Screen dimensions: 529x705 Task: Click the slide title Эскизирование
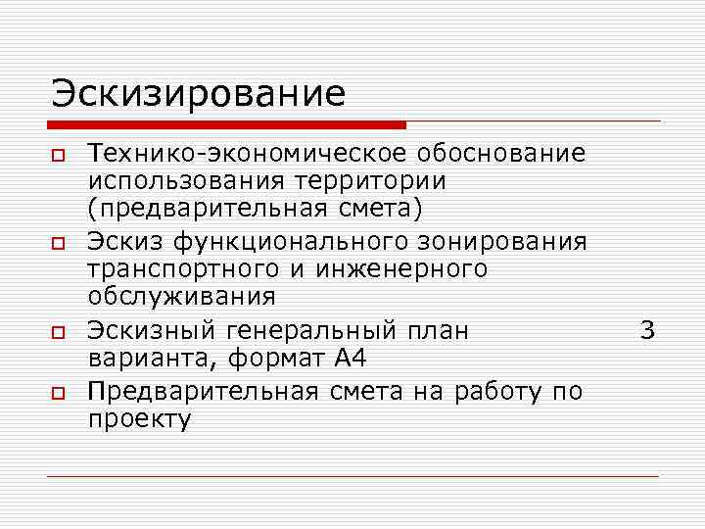click(x=199, y=93)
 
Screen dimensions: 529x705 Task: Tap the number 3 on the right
click(x=647, y=331)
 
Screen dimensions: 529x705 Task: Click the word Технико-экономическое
click(x=248, y=154)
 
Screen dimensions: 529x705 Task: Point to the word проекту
click(x=139, y=419)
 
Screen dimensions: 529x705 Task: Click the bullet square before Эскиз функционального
click(x=59, y=243)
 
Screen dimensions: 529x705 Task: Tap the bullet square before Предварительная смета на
click(x=59, y=394)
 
